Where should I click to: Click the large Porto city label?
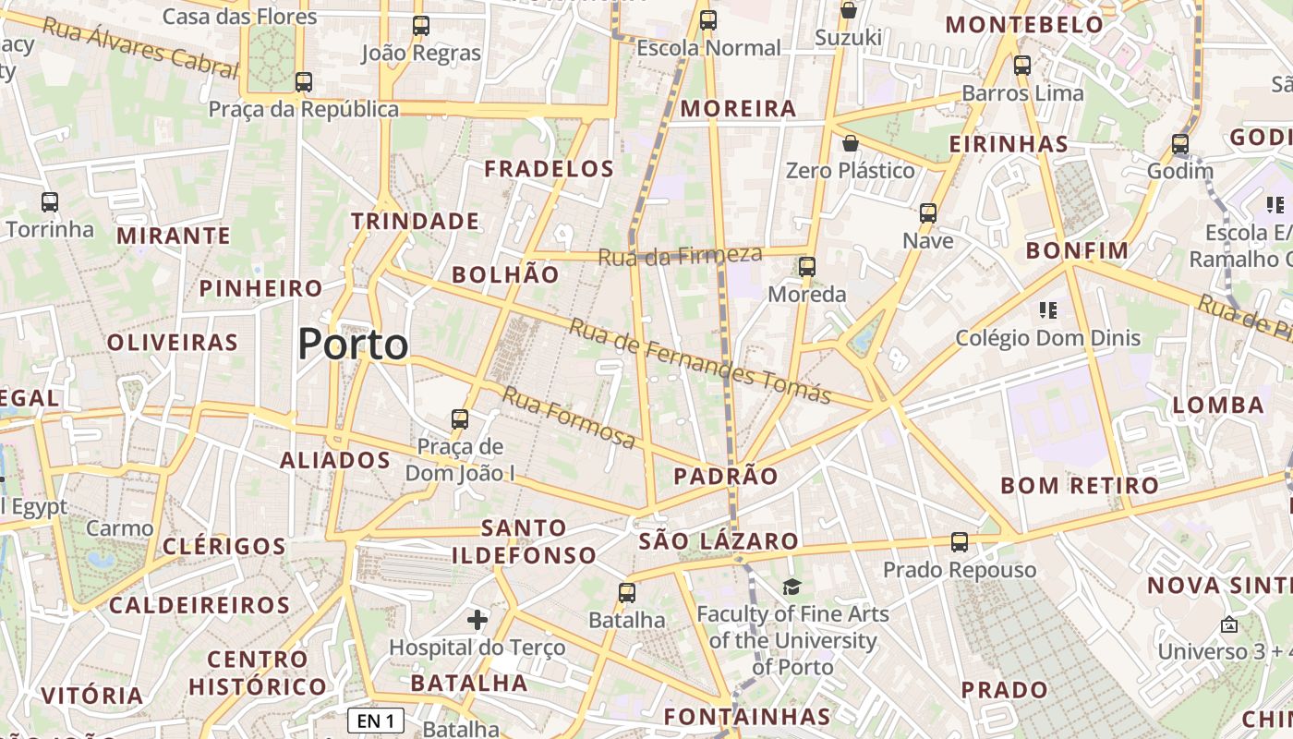tap(353, 345)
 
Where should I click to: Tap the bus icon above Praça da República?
tap(304, 82)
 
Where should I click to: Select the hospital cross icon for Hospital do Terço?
tap(477, 619)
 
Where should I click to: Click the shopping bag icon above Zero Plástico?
tap(850, 143)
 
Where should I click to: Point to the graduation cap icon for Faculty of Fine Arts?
tap(792, 587)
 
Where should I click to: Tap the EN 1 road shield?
tap(376, 721)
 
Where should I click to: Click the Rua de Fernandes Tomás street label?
tap(700, 361)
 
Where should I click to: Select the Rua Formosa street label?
tap(568, 418)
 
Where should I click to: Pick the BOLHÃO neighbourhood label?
tap(505, 274)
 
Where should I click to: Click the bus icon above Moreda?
tap(807, 267)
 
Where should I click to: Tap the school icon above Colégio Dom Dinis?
tap(1047, 309)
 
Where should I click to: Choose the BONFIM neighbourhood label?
tap(1077, 250)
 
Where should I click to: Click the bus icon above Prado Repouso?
tap(960, 542)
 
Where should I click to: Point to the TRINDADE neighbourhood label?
tap(415, 221)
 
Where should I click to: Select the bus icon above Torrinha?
tap(50, 201)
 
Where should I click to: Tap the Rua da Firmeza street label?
tap(680, 255)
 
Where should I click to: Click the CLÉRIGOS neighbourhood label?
tap(224, 546)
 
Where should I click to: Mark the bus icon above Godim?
tap(1180, 144)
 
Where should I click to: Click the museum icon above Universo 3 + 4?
tap(1228, 624)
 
